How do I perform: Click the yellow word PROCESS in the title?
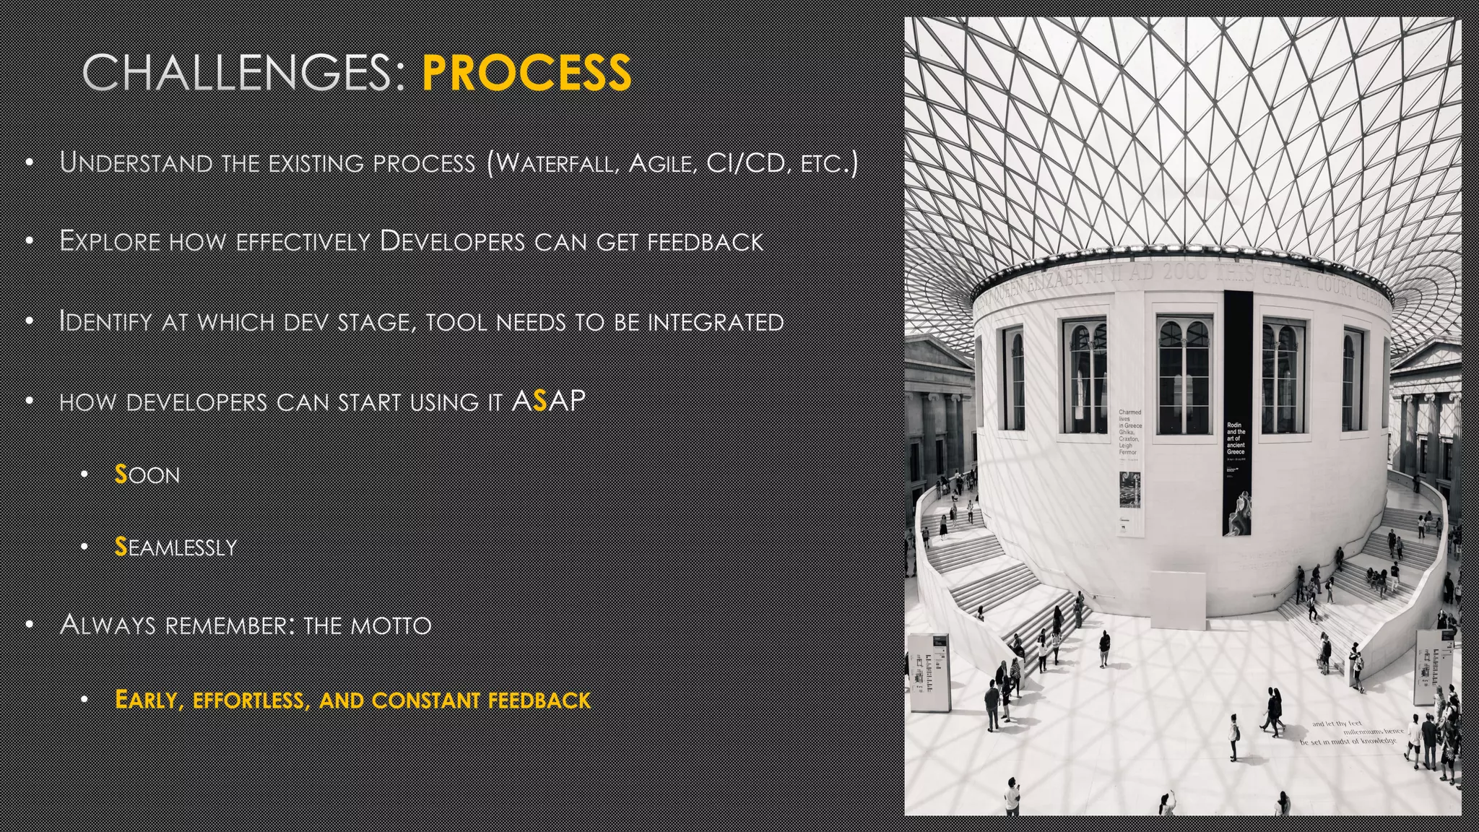(526, 73)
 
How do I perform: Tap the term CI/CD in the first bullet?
(745, 163)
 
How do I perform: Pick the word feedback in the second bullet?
(705, 242)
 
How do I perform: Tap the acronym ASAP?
(548, 401)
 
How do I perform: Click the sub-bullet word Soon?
(147, 475)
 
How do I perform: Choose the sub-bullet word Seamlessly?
(175, 547)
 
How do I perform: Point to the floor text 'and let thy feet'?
(1336, 724)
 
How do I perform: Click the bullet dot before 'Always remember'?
(30, 625)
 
